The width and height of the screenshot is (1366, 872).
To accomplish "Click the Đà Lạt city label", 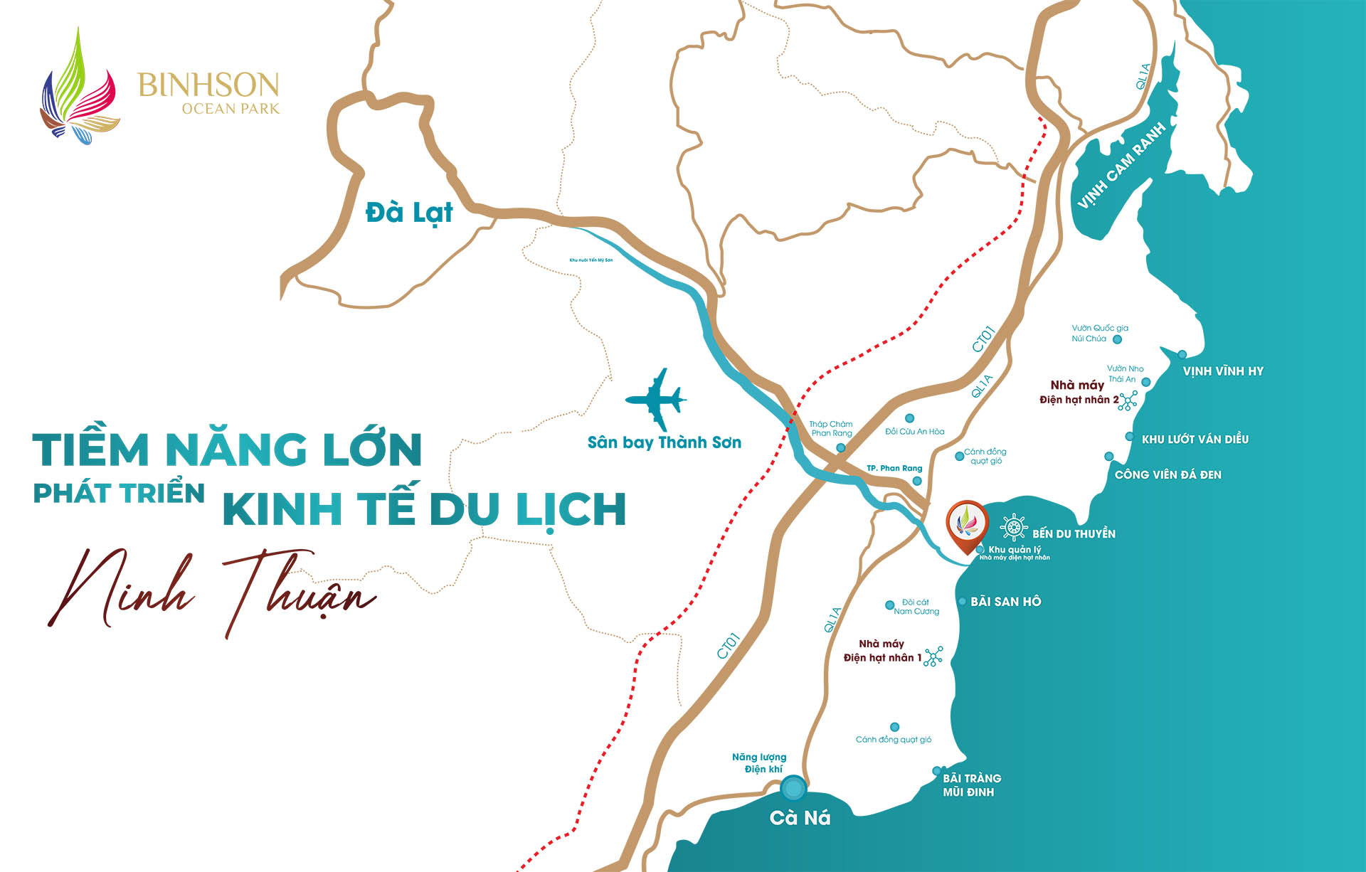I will click(409, 213).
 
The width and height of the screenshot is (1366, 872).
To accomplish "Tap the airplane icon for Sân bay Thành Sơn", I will click(656, 399).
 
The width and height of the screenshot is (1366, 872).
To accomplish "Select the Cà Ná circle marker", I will click(793, 788).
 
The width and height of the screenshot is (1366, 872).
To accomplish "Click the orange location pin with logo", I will click(967, 526).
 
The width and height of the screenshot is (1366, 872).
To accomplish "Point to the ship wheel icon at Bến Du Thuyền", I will click(1013, 528).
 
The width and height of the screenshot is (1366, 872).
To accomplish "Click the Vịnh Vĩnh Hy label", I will click(1222, 371).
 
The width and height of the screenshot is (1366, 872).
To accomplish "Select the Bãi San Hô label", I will click(1005, 602).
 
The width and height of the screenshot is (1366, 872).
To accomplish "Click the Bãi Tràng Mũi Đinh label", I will click(971, 785).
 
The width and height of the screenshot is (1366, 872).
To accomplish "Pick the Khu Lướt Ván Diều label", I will click(1195, 440).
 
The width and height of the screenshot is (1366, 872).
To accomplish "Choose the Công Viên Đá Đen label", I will click(1168, 474).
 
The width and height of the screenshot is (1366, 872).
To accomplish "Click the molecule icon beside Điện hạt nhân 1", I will click(933, 656).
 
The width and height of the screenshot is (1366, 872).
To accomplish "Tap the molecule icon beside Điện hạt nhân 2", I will click(1128, 400).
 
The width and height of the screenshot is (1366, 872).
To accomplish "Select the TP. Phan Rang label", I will click(894, 468).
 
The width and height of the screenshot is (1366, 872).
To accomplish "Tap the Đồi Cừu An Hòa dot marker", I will click(909, 418).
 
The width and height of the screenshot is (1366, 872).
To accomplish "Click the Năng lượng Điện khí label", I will click(758, 762).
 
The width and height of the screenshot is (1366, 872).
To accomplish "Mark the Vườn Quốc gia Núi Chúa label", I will click(1099, 333).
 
